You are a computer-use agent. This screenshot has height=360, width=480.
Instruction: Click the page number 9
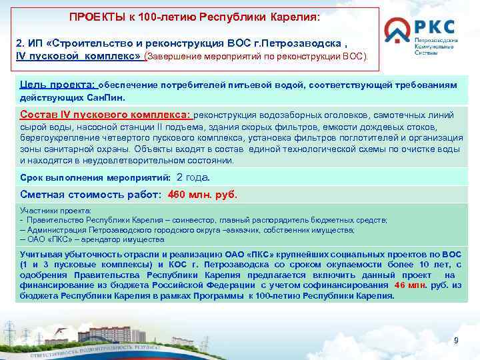click(x=456, y=341)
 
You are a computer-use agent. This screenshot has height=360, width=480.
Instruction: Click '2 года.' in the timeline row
click(x=193, y=177)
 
